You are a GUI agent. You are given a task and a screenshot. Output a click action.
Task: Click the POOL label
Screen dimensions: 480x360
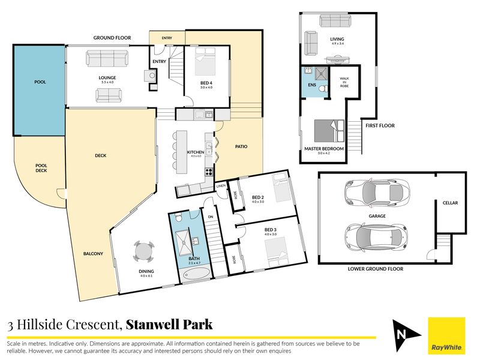click(x=40, y=82)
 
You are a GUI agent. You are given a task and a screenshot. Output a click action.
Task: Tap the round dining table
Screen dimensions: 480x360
click(x=143, y=252)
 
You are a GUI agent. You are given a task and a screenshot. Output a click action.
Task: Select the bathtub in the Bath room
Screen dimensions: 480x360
click(x=197, y=274)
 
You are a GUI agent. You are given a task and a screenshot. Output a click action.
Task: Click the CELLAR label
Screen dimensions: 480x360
click(x=451, y=203)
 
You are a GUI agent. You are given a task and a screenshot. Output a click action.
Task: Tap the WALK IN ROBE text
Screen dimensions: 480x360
click(x=344, y=82)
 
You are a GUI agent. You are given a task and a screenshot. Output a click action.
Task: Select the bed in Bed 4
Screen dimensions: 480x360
click(x=205, y=61)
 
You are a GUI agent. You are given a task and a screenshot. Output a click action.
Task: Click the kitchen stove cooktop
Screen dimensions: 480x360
click(x=209, y=172)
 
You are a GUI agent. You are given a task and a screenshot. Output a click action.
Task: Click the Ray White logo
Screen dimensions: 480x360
click(x=446, y=335)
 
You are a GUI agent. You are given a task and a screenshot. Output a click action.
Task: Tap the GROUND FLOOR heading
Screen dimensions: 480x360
click(x=112, y=38)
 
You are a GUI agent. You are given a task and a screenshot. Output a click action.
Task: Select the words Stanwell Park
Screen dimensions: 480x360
click(x=169, y=325)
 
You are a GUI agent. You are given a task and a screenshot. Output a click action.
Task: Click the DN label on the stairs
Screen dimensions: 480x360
click(x=211, y=217)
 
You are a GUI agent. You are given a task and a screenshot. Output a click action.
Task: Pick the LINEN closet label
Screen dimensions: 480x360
click(x=221, y=186)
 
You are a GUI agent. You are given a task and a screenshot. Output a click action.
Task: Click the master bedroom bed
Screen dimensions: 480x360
click(x=329, y=131)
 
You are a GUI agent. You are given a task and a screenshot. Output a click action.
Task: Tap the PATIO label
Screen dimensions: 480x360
click(x=241, y=146)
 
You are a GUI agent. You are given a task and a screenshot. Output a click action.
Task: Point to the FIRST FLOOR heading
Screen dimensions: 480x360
click(x=380, y=125)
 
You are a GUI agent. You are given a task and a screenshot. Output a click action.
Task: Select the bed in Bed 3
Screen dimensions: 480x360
click(x=277, y=251)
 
